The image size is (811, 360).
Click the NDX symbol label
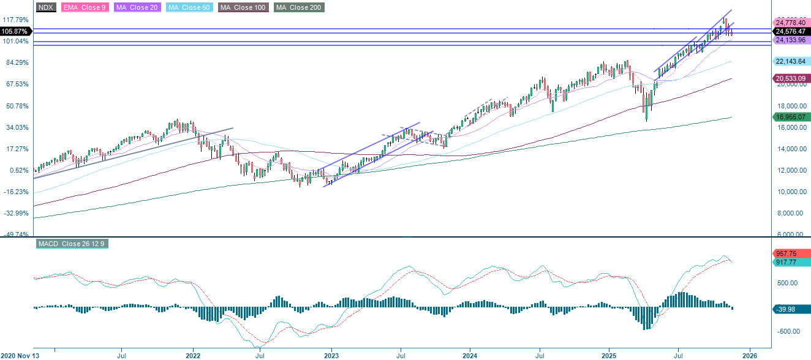click(45, 7)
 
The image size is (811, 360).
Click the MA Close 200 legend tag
click(299, 7)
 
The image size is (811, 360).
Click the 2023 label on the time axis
click(331, 354)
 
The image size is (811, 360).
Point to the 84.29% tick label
click(17, 62)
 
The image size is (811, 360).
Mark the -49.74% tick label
click(17, 234)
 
